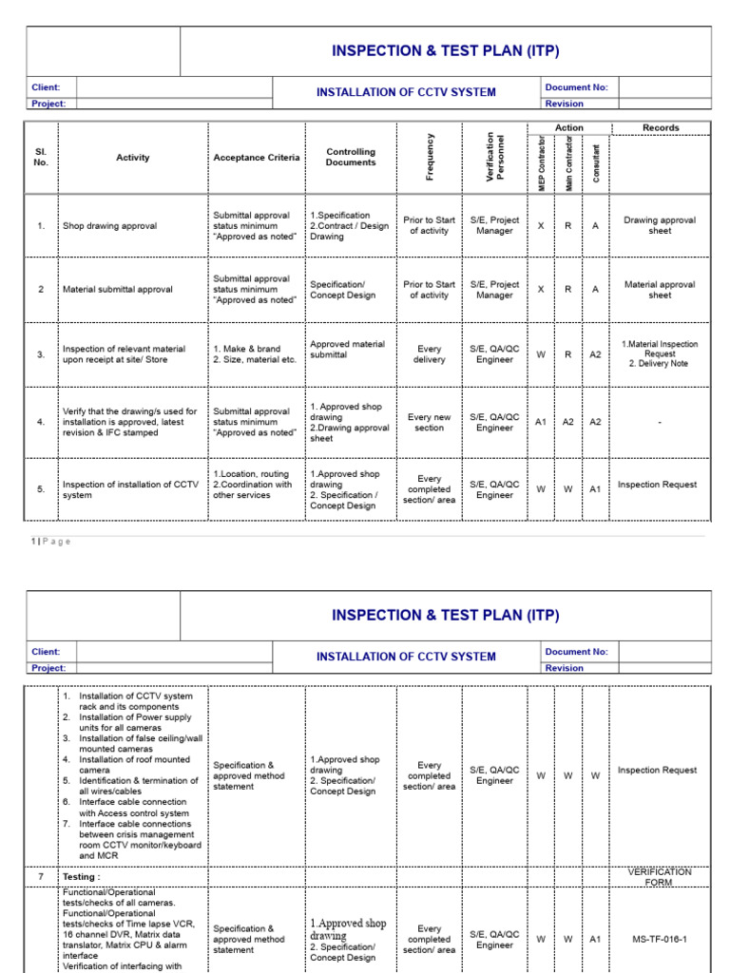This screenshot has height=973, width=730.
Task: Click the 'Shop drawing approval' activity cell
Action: (109, 226)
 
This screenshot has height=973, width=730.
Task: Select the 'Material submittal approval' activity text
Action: (117, 290)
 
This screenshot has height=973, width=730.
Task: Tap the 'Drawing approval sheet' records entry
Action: (660, 225)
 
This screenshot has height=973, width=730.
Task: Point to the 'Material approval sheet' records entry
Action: (660, 290)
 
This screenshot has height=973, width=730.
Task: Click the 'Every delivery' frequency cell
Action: (429, 354)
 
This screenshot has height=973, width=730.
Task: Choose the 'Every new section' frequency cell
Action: (429, 423)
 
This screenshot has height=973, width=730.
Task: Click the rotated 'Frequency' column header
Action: (430, 157)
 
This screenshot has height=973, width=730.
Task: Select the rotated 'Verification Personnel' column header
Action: (495, 157)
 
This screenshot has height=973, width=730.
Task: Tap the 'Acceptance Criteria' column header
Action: (256, 158)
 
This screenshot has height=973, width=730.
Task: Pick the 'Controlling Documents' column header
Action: (351, 157)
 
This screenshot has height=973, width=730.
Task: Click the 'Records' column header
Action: (661, 127)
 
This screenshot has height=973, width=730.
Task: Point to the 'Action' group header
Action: (569, 127)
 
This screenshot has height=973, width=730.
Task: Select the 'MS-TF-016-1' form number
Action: (660, 939)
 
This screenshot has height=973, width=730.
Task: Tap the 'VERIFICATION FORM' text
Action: (660, 877)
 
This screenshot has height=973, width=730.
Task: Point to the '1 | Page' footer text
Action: (51, 542)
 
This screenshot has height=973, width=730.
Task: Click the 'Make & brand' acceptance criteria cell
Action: (256, 354)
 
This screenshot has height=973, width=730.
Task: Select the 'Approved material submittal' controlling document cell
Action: (347, 349)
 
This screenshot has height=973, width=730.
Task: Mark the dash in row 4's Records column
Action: (660, 423)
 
